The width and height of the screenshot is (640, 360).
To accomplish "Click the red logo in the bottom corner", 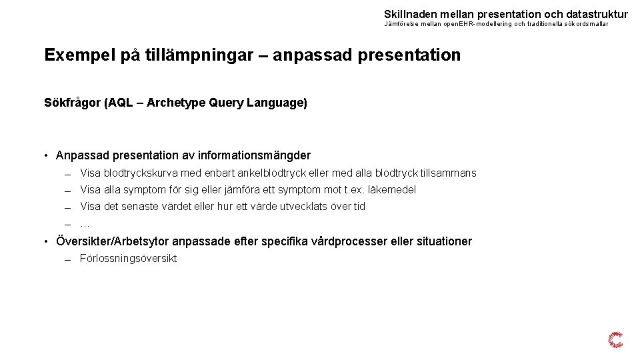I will coord(616,340).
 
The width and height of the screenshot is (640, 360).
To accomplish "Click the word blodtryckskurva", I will coord(141,173).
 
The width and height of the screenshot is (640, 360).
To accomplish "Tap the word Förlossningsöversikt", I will coord(128,259).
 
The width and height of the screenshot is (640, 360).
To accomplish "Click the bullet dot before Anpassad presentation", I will coord(47,156).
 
